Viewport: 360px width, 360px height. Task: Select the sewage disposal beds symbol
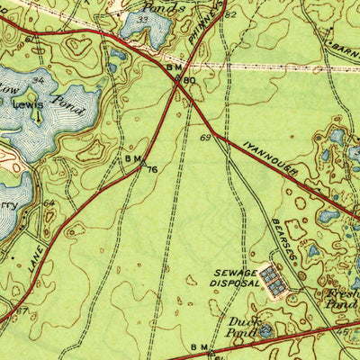(x=275, y=285)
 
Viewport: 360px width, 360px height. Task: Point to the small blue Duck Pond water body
(x=265, y=330)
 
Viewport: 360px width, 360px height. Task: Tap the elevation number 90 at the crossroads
(x=189, y=81)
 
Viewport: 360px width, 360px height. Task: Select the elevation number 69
(x=206, y=137)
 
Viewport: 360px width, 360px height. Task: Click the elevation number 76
(x=152, y=168)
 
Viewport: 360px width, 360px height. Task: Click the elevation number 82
(x=231, y=15)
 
